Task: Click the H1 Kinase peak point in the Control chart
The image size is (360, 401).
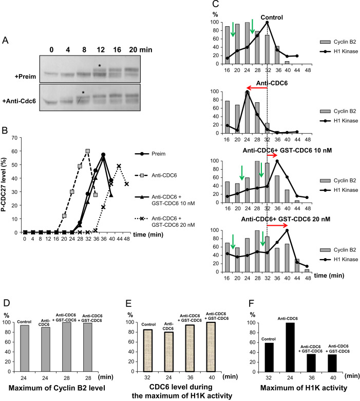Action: click(267, 22)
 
